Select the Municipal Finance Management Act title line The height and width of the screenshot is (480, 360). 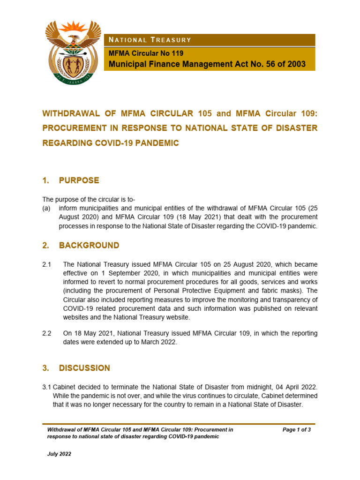207,64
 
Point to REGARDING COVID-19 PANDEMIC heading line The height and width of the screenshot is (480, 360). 111,143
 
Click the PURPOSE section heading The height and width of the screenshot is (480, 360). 79,180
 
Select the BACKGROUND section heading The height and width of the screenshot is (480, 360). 89,245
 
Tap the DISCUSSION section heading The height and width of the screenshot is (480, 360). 84,368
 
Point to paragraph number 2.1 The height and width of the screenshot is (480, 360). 47,264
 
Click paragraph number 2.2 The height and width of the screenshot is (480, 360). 47,333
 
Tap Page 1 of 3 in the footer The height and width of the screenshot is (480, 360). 297,429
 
